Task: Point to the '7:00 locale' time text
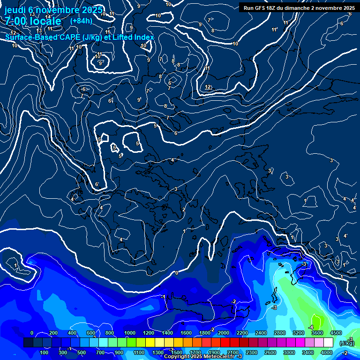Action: click(x=33, y=22)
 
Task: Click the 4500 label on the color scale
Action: click(x=336, y=333)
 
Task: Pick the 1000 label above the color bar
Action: click(x=129, y=333)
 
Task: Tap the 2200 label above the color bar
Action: click(x=242, y=333)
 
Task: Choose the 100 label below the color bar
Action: click(x=44, y=352)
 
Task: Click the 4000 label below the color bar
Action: click(x=327, y=352)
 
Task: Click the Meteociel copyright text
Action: click(x=202, y=357)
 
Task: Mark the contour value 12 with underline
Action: click(x=208, y=87)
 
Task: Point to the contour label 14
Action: click(x=48, y=17)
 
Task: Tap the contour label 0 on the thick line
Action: click(x=176, y=273)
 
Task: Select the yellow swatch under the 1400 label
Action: click(x=167, y=343)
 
